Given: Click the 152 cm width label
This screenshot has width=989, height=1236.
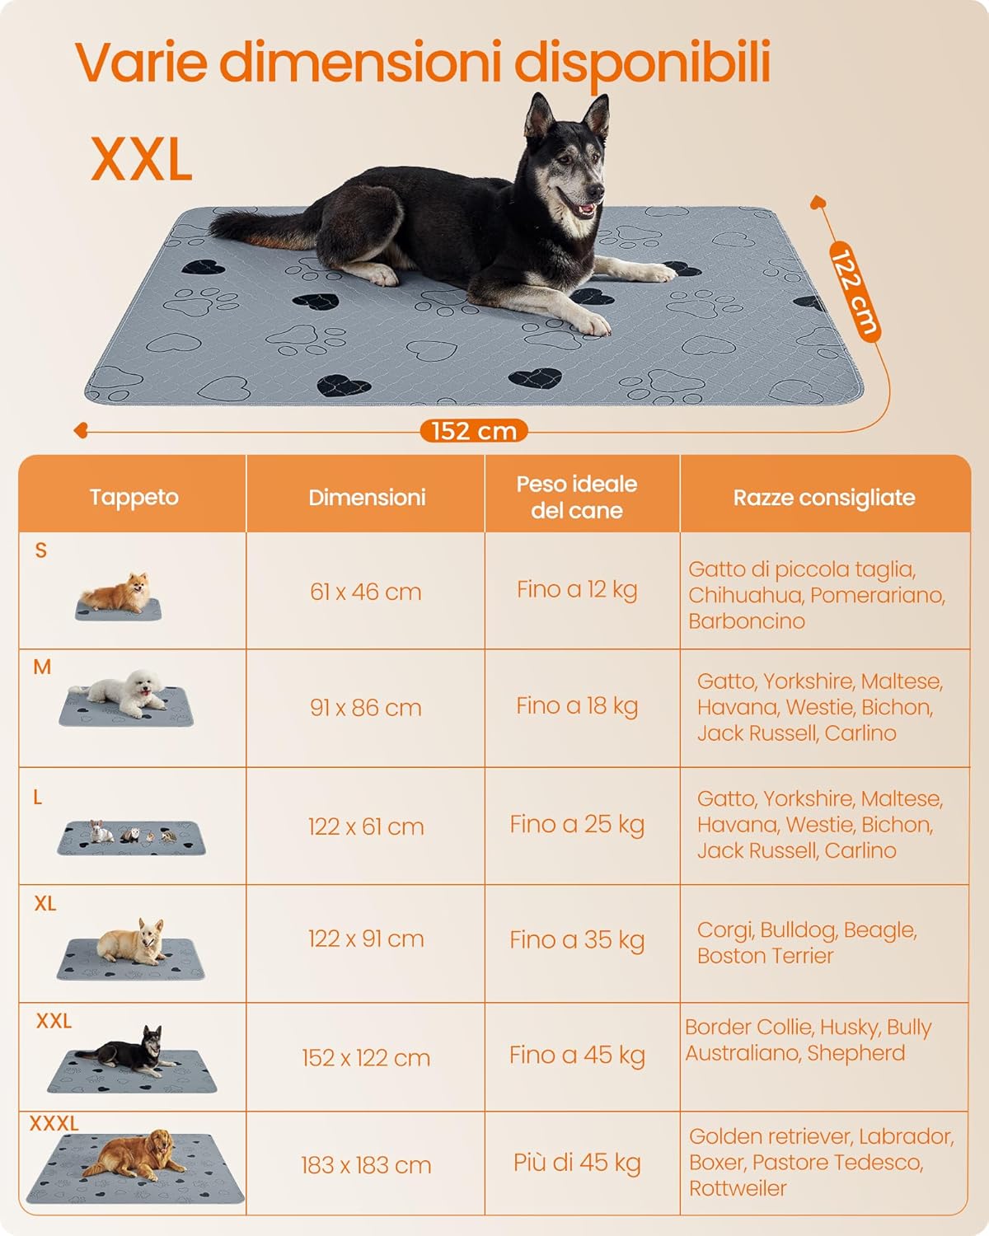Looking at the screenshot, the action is (x=474, y=431).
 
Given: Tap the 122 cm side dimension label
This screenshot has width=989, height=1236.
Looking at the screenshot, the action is (x=855, y=292).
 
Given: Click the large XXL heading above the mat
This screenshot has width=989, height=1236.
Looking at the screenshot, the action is (x=142, y=159).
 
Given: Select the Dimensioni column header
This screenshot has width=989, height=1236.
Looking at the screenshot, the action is (x=367, y=498).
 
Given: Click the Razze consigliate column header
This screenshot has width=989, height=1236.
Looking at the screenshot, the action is (x=824, y=498).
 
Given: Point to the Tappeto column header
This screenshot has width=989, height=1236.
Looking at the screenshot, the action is (x=134, y=498).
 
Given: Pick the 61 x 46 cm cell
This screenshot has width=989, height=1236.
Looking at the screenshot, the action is (x=365, y=592).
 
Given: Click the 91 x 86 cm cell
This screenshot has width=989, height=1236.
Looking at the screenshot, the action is (x=365, y=708).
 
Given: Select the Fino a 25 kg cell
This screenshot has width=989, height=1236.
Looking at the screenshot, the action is (x=577, y=825).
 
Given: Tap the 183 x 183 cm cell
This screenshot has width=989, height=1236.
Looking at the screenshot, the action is (x=365, y=1165).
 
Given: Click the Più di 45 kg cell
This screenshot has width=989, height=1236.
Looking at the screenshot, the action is (x=577, y=1163).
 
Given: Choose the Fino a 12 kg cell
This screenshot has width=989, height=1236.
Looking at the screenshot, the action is (x=577, y=590).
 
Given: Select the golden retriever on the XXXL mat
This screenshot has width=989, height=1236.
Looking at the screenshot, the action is (x=135, y=1155).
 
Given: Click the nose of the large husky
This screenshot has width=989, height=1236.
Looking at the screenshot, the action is (x=598, y=191).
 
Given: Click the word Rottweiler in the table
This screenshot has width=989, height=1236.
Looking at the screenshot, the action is (x=738, y=1187).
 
